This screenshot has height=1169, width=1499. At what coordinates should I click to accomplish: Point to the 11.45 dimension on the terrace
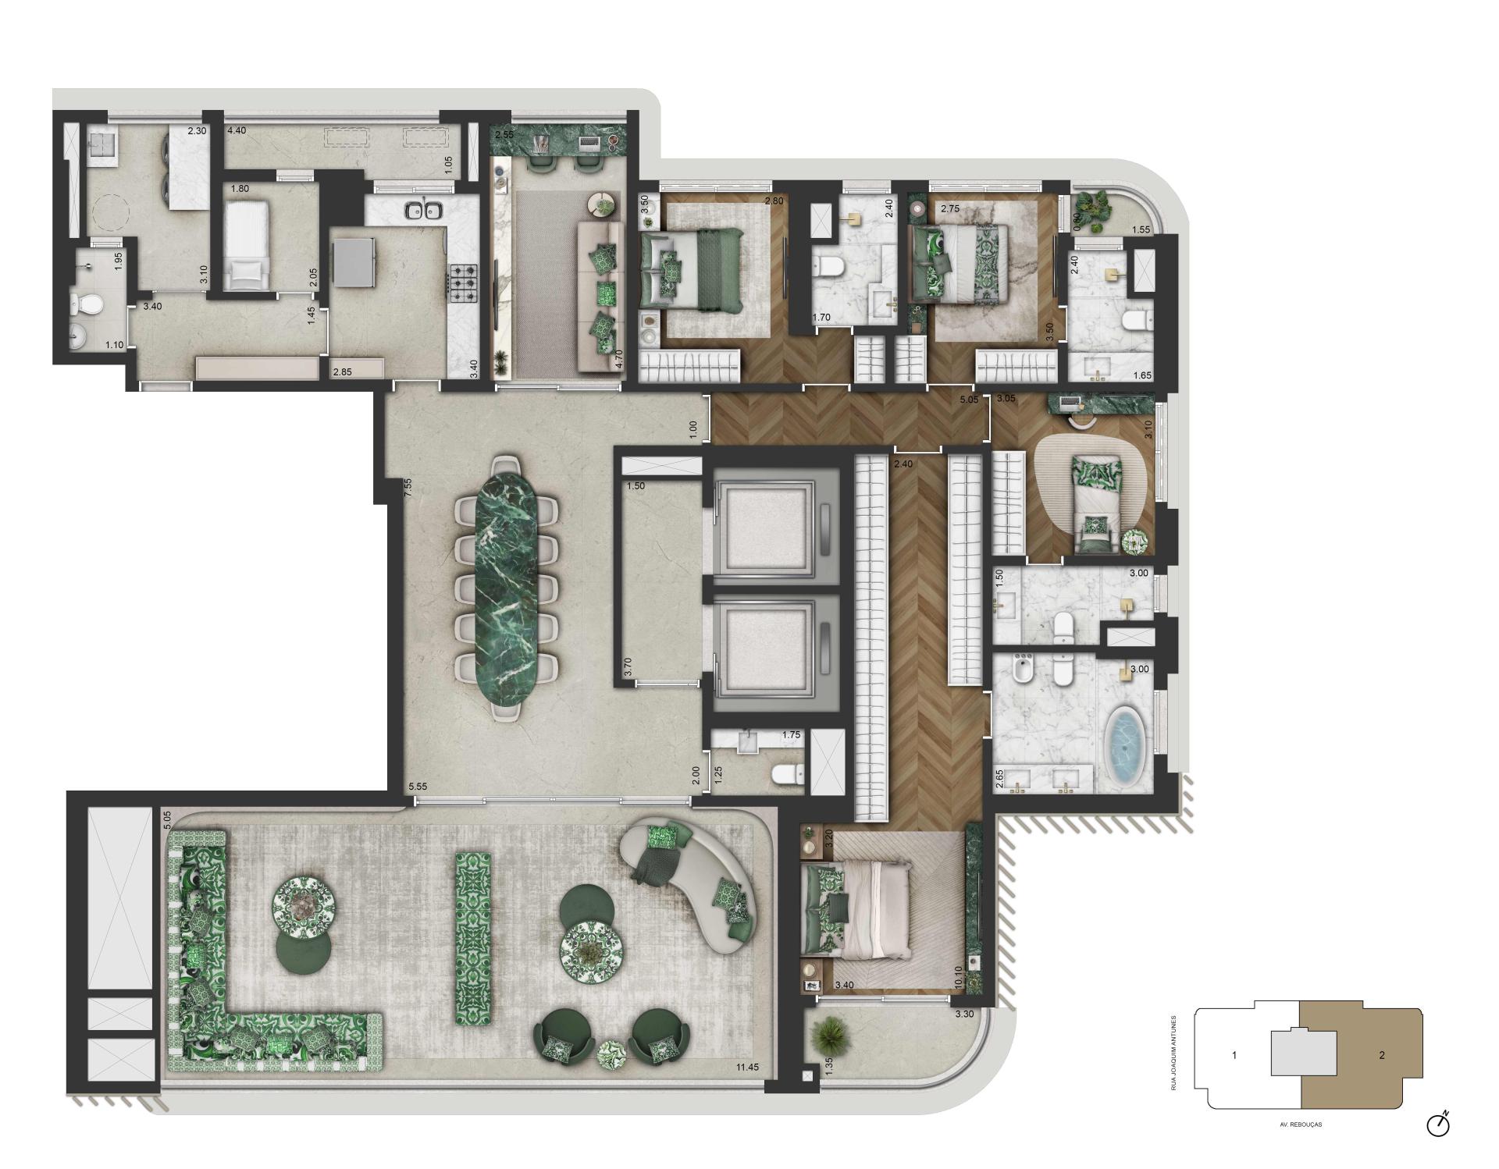tap(747, 1068)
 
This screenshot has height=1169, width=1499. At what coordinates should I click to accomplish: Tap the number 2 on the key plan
tap(1381, 1056)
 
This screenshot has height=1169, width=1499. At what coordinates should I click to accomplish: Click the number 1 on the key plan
tap(1234, 1056)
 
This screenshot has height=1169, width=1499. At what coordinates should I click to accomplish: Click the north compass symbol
tap(1437, 1125)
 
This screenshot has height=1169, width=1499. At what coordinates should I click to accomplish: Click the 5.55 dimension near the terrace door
tap(418, 787)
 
